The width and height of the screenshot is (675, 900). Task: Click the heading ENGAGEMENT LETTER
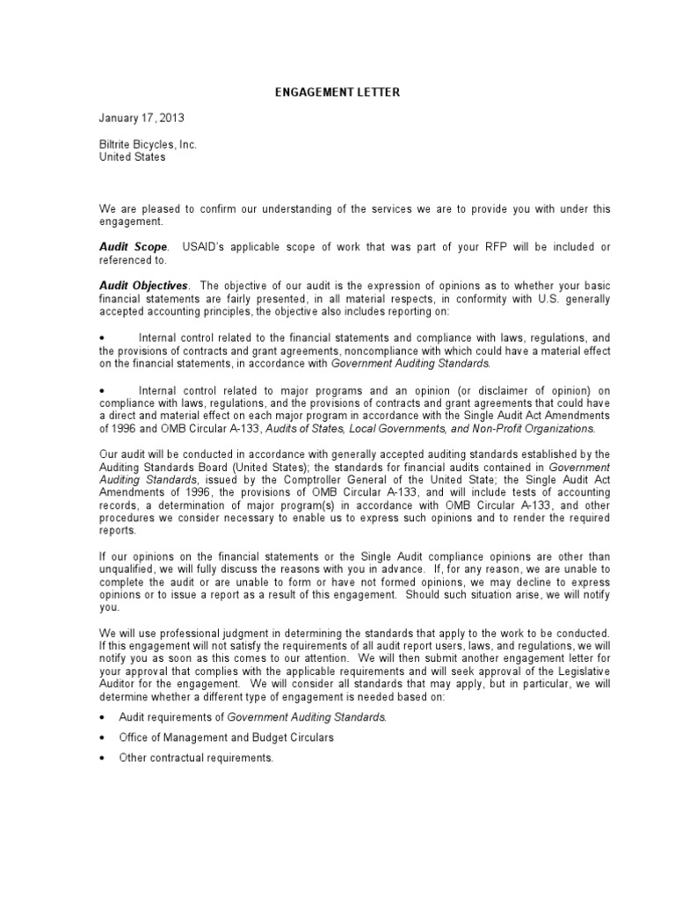point(337,91)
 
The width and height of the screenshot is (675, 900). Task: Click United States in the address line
point(132,157)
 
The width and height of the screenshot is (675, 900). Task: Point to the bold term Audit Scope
point(132,249)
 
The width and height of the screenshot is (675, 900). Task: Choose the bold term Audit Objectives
point(143,286)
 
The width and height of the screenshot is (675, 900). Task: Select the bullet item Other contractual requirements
point(196,758)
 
